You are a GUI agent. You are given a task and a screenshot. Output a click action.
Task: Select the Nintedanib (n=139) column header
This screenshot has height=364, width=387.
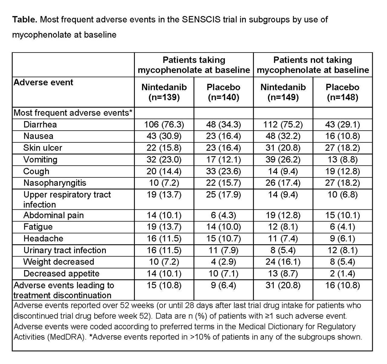coord(164,92)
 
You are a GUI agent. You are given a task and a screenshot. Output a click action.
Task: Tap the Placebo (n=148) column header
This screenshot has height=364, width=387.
coord(342,92)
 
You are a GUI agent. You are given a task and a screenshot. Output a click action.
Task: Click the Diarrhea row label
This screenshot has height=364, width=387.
coord(40,124)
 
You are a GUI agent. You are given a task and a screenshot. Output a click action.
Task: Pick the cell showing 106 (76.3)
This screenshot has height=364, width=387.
coord(164,124)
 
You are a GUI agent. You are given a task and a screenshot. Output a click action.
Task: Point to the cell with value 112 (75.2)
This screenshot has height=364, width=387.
coord(283,124)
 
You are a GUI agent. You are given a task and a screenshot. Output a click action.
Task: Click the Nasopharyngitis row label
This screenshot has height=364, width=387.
coord(54,183)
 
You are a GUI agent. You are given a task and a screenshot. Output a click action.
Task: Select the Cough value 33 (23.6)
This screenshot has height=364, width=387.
coord(223,171)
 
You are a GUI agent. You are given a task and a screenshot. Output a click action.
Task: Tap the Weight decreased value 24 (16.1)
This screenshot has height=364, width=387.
coord(283,262)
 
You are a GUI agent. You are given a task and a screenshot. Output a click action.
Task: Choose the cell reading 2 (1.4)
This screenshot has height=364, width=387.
coord(342,273)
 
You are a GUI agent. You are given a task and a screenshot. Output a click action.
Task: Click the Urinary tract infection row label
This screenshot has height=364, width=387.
coord(65,250)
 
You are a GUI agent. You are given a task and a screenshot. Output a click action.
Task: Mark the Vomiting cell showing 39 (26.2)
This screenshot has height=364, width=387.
coord(283,159)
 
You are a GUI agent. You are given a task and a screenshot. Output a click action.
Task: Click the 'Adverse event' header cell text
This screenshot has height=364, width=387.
coord(44,82)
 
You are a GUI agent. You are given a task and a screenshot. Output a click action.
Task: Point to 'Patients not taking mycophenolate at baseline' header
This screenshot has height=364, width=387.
coord(313,65)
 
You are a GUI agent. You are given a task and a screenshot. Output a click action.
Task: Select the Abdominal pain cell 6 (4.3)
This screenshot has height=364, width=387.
coord(223,215)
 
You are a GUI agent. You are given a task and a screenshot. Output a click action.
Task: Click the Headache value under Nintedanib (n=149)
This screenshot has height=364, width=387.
coord(283,238)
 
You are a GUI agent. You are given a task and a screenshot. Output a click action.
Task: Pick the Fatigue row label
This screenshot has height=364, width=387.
coord(38,227)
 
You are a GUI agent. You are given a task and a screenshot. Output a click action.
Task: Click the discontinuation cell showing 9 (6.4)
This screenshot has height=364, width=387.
coord(223,285)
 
